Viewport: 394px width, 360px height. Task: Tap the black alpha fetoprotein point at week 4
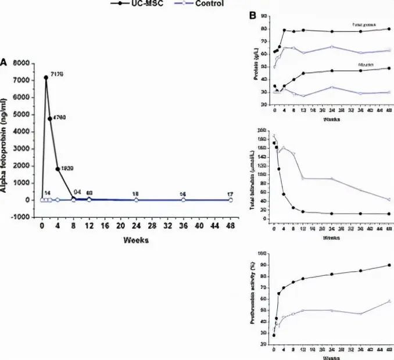click(58, 169)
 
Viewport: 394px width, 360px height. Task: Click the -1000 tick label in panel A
click(19, 217)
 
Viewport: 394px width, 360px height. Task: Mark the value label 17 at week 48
click(230, 193)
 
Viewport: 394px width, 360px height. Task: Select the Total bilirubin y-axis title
click(256, 178)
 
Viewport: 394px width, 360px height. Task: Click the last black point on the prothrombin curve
click(389, 265)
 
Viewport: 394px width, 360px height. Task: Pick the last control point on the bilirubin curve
click(389, 199)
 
